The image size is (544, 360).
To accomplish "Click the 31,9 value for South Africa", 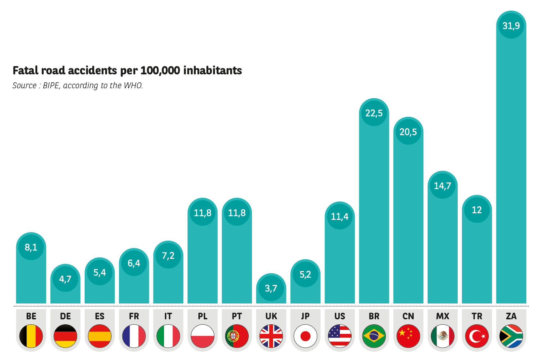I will tap(511, 25).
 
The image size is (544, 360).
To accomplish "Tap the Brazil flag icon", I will tap(374, 336).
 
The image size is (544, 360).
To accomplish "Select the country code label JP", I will tap(305, 316).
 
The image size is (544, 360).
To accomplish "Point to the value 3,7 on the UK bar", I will tap(271, 288).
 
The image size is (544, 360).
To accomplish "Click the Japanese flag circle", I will tap(305, 336).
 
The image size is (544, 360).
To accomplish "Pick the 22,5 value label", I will tap(374, 113).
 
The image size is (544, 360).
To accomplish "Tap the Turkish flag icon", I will tap(477, 336).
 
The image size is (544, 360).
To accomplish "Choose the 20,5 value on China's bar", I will tap(408, 132).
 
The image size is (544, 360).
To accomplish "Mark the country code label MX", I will tap(442, 316).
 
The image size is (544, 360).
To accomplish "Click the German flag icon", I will tap(65, 336).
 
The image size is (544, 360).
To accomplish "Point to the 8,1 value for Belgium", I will tap(31, 247).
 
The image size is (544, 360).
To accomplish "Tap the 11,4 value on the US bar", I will tap(340, 217).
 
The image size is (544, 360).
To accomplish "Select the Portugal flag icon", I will tap(237, 336).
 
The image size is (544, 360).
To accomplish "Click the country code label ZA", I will tap(511, 316).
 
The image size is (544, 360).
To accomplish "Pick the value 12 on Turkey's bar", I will tap(477, 210).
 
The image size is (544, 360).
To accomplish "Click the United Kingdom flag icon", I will tap(271, 336).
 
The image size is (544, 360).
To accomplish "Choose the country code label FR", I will tap(134, 316).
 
